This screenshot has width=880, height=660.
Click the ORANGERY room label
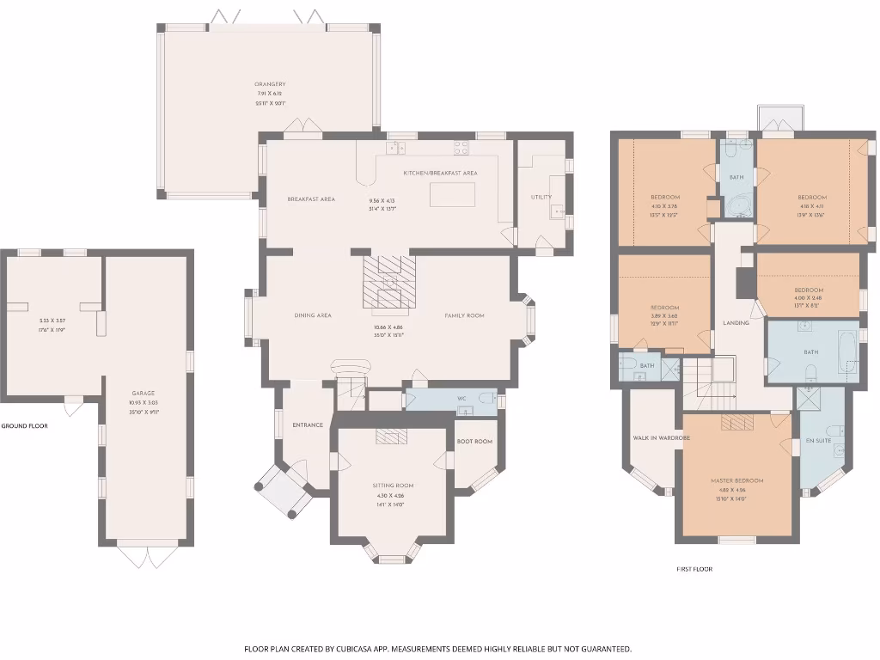coord(270,84)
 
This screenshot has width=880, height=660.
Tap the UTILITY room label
coord(541,197)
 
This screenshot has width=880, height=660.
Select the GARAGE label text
coord(144,393)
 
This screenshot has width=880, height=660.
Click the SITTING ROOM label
coord(393,486)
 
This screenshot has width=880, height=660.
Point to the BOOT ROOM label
coord(474,441)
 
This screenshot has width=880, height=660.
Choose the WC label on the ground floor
coord(461,399)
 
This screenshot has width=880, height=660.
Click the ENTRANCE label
coord(307,425)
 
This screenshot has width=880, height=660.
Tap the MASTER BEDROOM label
coord(736,480)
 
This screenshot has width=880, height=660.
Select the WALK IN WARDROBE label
coord(662,437)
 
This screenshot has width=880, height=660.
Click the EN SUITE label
coord(816,440)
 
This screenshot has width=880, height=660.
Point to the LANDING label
coord(736,323)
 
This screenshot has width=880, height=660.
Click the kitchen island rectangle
coord(452,194)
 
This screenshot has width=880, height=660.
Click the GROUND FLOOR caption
coord(24,426)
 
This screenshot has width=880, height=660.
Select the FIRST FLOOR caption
coord(694,569)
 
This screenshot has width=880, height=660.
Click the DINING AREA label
coord(313,315)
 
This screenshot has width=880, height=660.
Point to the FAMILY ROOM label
coord(464,315)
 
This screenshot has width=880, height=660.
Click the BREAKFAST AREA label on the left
coord(311,199)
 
